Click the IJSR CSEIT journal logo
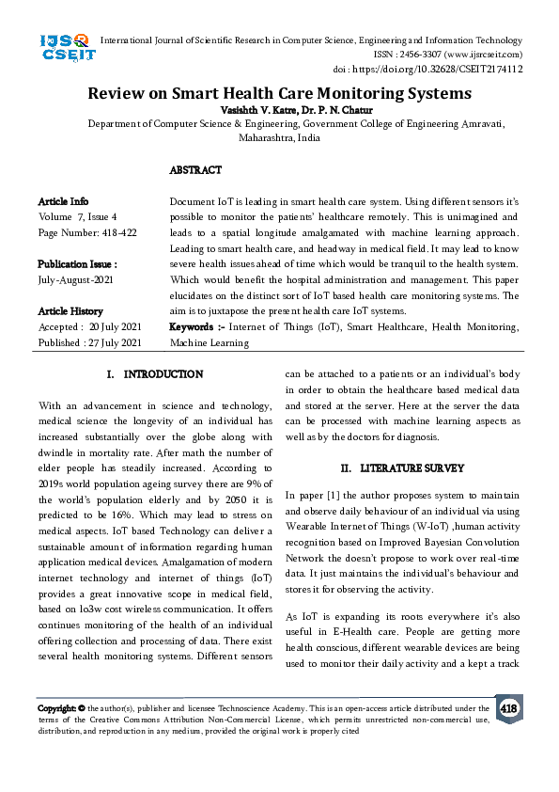(65, 48)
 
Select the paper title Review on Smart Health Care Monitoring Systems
(279, 93)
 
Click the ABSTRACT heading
(195, 170)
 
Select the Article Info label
(63, 201)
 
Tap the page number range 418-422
(116, 232)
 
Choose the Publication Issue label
(77, 264)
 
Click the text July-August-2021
(76, 280)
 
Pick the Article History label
(70, 310)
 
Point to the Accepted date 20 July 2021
(115, 326)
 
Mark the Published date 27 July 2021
(116, 342)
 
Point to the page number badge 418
(509, 708)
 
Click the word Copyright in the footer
(55, 707)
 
